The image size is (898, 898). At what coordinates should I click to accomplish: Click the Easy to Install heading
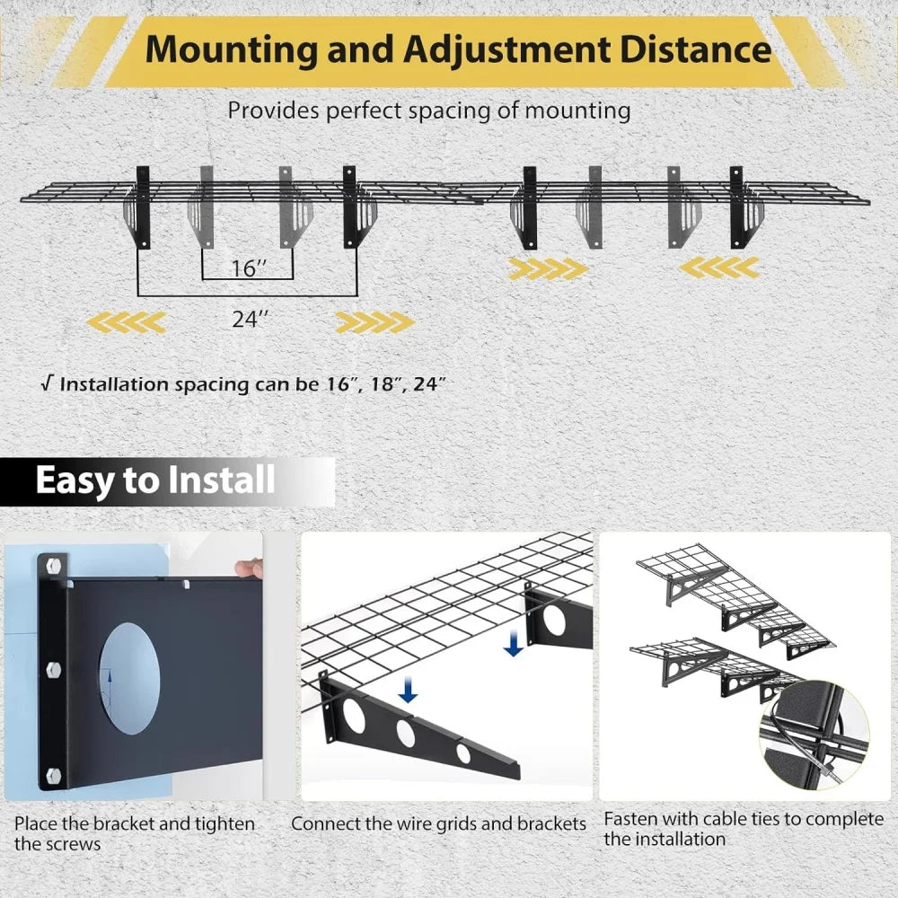pyautogui.click(x=154, y=480)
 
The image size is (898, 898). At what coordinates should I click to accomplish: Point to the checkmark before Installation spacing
pyautogui.click(x=46, y=384)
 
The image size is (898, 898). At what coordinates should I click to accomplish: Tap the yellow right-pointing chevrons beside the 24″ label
pyautogui.click(x=375, y=321)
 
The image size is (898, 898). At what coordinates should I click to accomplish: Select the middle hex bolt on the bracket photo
pyautogui.click(x=50, y=669)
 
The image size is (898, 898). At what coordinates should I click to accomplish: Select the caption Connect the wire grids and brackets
pyautogui.click(x=438, y=823)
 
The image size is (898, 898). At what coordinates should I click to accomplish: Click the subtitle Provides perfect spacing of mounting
pyautogui.click(x=429, y=111)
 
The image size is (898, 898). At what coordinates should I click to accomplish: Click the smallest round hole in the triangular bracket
pyautogui.click(x=463, y=753)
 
